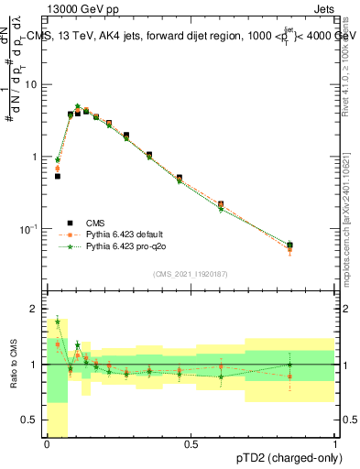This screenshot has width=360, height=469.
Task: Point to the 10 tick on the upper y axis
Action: pos(34,84)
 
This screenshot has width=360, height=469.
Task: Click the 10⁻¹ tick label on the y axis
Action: pos(31,228)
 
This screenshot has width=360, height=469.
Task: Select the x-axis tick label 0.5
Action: pos(191,444)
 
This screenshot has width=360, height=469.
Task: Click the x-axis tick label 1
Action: pos(335,444)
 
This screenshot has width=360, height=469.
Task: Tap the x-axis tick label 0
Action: pos(48,444)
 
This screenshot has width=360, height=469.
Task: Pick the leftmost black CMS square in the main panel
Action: pos(58,176)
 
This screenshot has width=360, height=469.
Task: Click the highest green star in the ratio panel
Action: pos(58,322)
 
